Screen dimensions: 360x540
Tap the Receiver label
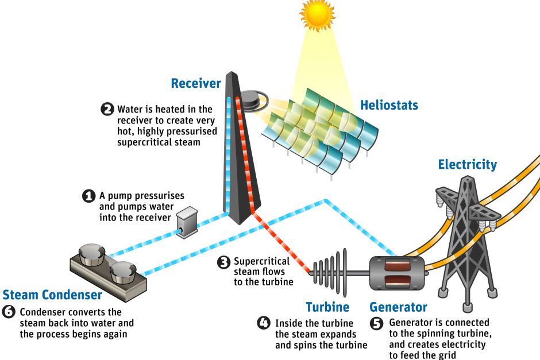pyautogui.click(x=196, y=84)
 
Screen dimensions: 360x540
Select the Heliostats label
pyautogui.click(x=389, y=106)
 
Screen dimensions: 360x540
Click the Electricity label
pyautogui.click(x=467, y=165)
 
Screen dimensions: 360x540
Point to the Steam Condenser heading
pyautogui.click(x=52, y=295)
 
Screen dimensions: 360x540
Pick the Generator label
pyautogui.click(x=398, y=307)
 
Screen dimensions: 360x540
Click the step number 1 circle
pyautogui.click(x=89, y=196)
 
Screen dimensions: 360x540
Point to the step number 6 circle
pyautogui.click(x=10, y=313)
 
